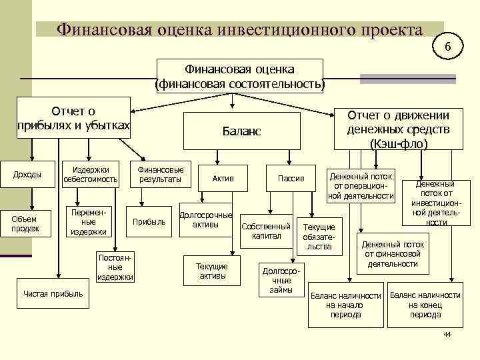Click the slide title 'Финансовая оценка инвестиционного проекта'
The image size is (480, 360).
239,30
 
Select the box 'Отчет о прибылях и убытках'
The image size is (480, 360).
73,119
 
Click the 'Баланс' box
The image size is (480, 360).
241,131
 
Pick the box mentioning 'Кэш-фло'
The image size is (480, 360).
398,129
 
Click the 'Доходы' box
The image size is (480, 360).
27,175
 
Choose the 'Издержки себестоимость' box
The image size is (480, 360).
91,174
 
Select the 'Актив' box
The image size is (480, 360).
223,178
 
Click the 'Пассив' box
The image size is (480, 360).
291,178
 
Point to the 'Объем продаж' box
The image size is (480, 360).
25,223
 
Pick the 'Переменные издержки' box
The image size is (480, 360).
89,222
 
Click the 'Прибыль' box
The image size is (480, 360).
149,222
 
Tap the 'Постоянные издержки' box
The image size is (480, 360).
115,267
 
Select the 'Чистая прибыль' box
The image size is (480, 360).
53,294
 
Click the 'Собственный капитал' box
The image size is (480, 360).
266,231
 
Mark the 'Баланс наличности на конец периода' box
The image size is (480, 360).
425,305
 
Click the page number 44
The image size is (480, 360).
447,333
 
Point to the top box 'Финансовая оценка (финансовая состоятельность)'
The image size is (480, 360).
239,77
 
